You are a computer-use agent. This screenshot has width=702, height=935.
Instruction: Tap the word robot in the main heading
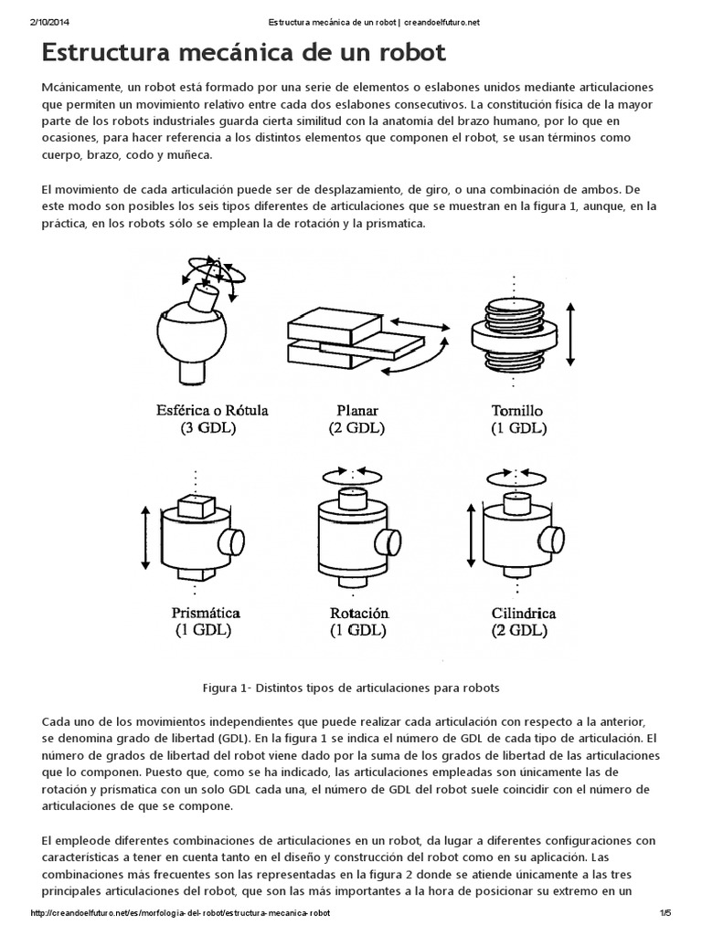406,53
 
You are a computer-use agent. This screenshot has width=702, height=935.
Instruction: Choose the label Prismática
203,613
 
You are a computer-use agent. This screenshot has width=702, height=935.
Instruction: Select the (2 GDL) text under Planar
356,427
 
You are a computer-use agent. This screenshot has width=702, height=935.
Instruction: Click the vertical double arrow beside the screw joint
571,334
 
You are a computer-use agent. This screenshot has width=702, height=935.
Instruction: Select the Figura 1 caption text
350,685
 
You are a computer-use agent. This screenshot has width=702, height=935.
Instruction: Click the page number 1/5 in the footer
664,913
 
